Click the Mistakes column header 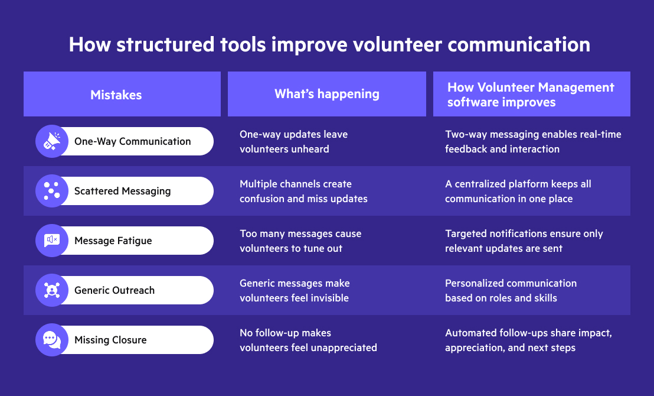(116, 95)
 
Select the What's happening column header (326, 95)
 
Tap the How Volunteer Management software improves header (531, 95)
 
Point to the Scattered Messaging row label (122, 191)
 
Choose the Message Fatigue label (113, 241)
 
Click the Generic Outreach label (115, 290)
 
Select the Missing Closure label (110, 340)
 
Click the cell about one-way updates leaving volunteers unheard (293, 141)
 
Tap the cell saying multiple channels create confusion (303, 191)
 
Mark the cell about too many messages (300, 241)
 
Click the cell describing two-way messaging (533, 141)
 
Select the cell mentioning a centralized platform (518, 191)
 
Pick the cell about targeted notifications (524, 241)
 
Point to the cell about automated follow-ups (528, 340)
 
